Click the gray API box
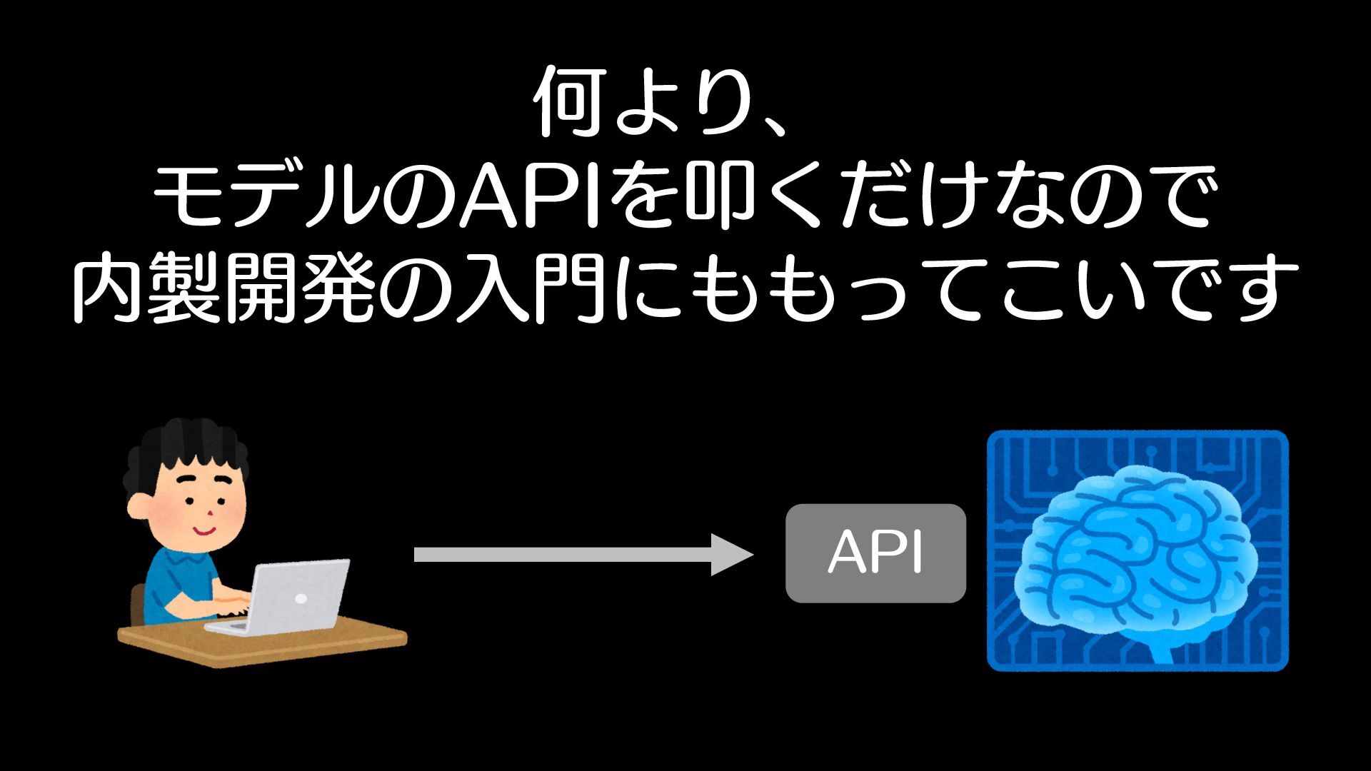[875, 553]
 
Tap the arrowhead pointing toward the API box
[732, 555]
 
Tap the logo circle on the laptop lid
[301, 598]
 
